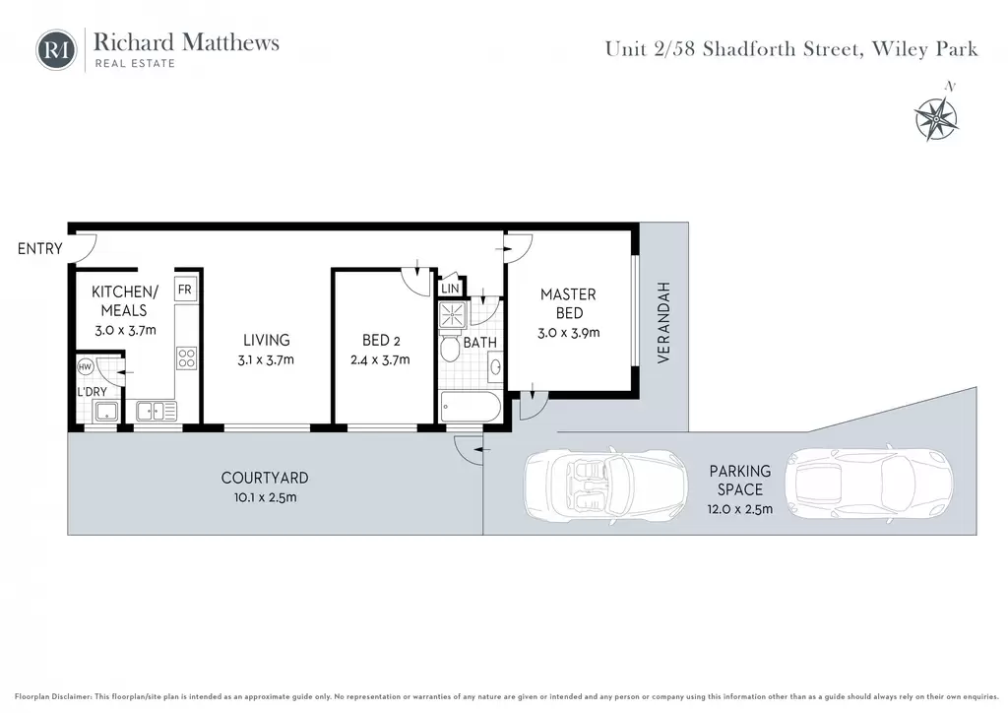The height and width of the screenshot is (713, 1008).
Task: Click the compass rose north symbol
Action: coord(937,116)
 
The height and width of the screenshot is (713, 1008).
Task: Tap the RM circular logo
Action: coord(56,49)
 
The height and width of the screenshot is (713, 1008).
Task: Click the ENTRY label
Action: coord(39,249)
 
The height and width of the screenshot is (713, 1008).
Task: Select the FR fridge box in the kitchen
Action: coord(184,290)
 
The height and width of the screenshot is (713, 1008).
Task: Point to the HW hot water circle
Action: coord(85,366)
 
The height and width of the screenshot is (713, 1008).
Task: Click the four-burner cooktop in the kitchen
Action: coord(186,358)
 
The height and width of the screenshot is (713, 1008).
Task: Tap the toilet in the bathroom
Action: coord(450,348)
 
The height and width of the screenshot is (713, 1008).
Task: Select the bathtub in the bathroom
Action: coord(471,407)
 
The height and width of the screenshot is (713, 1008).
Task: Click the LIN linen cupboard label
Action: coord(450,289)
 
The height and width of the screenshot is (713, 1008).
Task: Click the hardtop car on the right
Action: coord(868,483)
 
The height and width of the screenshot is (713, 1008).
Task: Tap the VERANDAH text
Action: coord(663,322)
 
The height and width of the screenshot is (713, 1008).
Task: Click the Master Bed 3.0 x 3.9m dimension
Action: coord(568,333)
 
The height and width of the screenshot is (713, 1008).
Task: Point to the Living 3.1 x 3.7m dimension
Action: coord(266,360)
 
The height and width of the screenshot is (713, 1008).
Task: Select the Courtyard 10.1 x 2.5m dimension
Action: coord(265,497)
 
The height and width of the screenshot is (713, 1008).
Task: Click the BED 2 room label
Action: coord(381,340)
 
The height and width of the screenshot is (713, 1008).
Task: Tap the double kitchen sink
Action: coord(156,411)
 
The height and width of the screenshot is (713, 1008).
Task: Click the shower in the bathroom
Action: coord(453,316)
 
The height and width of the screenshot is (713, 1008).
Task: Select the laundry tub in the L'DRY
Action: coord(106,412)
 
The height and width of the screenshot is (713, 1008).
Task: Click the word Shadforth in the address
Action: coord(783,49)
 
